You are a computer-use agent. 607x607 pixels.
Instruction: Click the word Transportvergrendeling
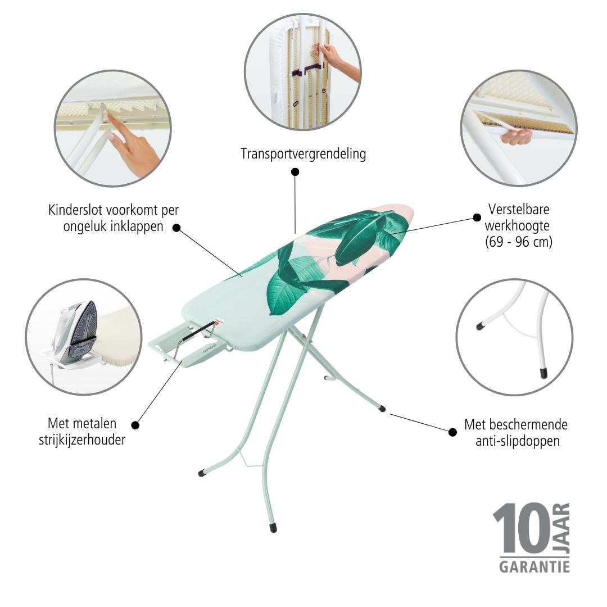(x=303, y=153)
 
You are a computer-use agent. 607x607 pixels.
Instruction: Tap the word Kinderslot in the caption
(x=75, y=210)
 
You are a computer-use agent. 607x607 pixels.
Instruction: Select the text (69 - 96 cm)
(x=519, y=242)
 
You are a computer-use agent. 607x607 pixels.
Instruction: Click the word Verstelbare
(x=519, y=209)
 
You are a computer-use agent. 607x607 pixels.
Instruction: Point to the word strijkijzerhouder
(x=82, y=440)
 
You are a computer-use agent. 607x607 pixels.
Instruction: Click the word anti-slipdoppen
(x=518, y=441)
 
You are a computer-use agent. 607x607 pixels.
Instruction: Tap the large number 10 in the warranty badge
(x=522, y=528)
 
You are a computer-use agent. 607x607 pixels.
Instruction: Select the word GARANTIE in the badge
(x=534, y=567)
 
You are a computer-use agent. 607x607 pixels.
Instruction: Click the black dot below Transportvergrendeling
(x=295, y=172)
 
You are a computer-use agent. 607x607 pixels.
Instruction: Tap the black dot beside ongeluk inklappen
(x=176, y=228)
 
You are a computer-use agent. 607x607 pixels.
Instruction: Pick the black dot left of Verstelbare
(x=477, y=218)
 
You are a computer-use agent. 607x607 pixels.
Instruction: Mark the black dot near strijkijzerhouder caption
(x=135, y=425)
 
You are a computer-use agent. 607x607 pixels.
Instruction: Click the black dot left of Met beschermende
(x=452, y=432)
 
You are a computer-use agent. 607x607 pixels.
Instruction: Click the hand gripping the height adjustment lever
(x=515, y=136)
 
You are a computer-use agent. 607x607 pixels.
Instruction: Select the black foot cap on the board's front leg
(x=273, y=528)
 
